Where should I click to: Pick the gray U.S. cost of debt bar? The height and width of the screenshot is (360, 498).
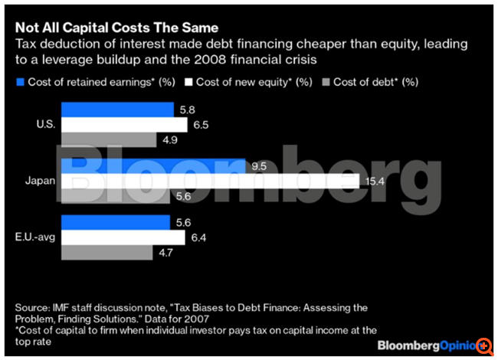coord(108,140)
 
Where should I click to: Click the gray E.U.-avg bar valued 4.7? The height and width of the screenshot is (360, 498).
coord(106,252)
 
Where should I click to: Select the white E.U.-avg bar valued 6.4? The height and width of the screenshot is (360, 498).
coord(122,237)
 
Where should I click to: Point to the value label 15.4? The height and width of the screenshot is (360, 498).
coord(372,181)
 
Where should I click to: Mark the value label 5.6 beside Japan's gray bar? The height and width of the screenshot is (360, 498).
coord(181,196)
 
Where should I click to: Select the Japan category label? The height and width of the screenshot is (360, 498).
coord(39,181)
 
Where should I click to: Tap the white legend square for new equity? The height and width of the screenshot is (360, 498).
coord(189,80)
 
